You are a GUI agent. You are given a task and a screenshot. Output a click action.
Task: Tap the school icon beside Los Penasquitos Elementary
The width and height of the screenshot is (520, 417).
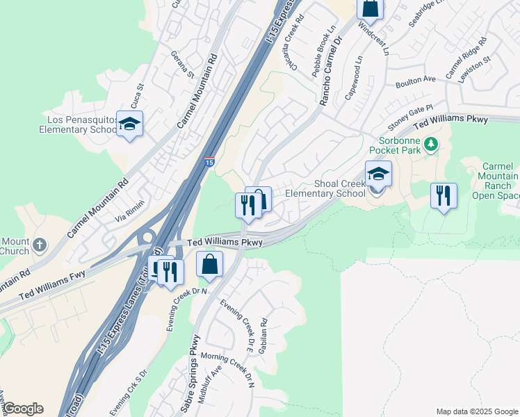(x=129, y=124)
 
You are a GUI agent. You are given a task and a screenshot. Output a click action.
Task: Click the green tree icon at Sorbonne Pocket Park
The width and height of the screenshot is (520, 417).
(x=432, y=145)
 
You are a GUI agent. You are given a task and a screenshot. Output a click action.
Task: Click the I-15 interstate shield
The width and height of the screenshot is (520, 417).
(x=209, y=163)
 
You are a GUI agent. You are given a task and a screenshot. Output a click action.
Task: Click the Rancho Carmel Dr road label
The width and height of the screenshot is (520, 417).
(x=332, y=72)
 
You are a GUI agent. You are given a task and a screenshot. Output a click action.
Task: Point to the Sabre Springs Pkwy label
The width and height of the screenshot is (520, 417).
(x=190, y=373)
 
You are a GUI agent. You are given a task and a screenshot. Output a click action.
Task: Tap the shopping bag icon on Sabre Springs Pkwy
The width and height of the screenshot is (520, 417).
(x=210, y=264)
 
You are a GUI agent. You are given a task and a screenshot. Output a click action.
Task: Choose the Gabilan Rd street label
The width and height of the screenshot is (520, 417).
(x=263, y=336)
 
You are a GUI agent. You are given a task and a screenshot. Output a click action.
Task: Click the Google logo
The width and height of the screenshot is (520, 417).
(x=23, y=409)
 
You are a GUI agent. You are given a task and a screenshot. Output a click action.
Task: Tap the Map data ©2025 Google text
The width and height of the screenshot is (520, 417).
(x=476, y=411)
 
